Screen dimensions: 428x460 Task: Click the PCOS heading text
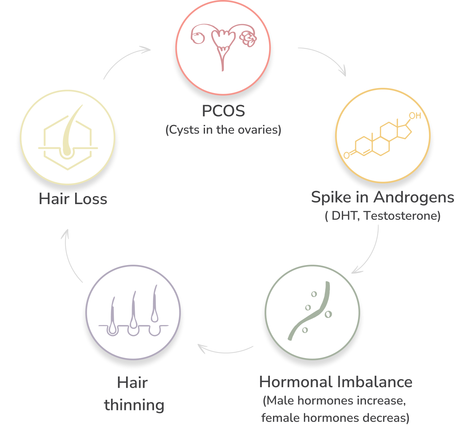coord(223,111)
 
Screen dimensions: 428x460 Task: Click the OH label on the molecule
coord(415,116)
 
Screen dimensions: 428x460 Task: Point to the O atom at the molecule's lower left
coord(347,155)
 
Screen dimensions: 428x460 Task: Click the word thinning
coord(134,405)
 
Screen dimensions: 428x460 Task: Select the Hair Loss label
coord(73,199)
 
